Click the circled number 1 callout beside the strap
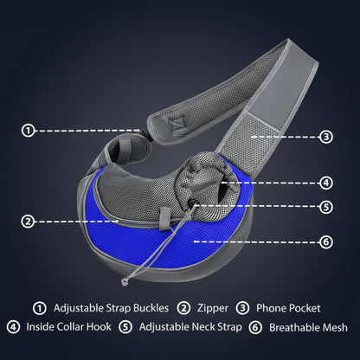28,131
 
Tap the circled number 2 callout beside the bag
28,222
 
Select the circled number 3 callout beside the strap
326,137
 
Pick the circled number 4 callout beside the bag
326,183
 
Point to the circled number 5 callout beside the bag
326,207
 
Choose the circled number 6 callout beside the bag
326,241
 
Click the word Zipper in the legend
213,308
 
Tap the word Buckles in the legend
151,308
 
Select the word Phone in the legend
271,308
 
